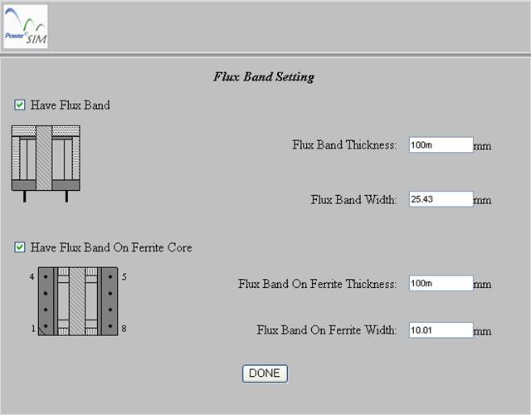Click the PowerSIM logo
pos(26,27)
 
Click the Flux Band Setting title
pos(264,77)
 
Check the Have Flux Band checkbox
pos(20,105)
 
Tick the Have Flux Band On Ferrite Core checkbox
pos(20,247)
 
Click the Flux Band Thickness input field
pos(441,144)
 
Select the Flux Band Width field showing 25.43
pos(441,199)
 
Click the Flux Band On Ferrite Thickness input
pos(441,283)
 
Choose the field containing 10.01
pos(441,330)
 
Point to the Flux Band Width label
pos(353,199)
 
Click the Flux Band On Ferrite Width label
pos(326,330)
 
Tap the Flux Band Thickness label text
pos(344,145)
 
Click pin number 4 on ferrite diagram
pos(32,276)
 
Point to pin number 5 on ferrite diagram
pos(124,276)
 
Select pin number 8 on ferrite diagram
pos(124,329)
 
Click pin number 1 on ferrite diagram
pos(33,329)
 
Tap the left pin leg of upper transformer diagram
pos(24,197)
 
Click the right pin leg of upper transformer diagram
pos(66,197)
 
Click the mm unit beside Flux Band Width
pos(482,201)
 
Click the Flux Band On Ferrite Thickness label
pos(317,284)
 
